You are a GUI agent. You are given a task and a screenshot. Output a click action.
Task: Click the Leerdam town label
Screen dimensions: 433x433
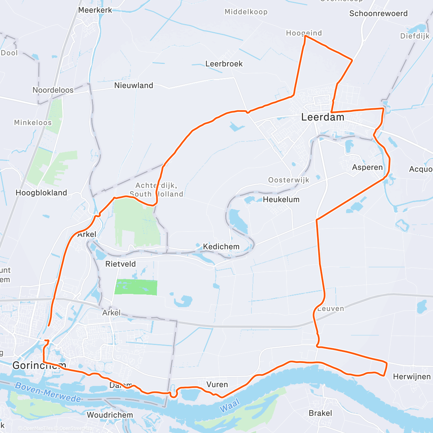coord(323,117)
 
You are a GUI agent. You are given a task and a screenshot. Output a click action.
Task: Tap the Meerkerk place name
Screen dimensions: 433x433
coord(95,10)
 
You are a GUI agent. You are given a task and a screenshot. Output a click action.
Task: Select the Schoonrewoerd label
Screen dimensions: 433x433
coord(378,14)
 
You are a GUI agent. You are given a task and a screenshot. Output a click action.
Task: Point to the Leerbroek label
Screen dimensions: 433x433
coord(224,64)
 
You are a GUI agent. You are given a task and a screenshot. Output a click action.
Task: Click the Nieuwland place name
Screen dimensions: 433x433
coord(134,86)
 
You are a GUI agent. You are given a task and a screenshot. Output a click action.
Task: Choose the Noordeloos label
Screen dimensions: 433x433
coord(53,90)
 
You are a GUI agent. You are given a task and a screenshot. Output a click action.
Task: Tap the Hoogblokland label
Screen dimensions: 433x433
coord(41,193)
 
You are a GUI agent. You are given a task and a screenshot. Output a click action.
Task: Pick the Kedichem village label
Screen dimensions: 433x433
coord(221,247)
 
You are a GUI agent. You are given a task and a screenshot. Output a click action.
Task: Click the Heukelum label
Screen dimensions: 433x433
coord(281,200)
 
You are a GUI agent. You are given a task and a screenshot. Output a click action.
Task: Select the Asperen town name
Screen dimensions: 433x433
coord(367,167)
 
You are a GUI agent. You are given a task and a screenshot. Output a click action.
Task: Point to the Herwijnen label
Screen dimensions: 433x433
coord(412,377)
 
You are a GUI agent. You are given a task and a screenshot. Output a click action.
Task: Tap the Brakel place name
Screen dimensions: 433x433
coord(320,413)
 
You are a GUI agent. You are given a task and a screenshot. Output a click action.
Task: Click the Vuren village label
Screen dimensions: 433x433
coord(217,385)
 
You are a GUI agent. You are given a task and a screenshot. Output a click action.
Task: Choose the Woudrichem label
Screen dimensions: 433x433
coord(110,415)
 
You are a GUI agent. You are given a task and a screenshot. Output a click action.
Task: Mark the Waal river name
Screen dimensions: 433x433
coord(229,407)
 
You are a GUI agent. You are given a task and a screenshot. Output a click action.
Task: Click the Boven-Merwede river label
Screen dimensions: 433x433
coord(48,392)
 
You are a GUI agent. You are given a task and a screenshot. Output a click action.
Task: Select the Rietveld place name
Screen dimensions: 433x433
coord(121,264)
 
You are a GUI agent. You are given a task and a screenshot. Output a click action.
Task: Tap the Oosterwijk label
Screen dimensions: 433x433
coord(289,180)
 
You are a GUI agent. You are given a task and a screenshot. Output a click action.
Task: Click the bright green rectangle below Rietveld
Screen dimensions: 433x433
coord(136,288)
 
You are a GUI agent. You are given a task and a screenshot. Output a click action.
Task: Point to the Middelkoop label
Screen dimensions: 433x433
coord(246,12)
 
